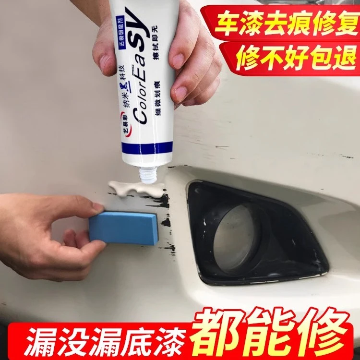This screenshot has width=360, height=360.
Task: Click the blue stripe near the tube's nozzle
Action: pos(144,156)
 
